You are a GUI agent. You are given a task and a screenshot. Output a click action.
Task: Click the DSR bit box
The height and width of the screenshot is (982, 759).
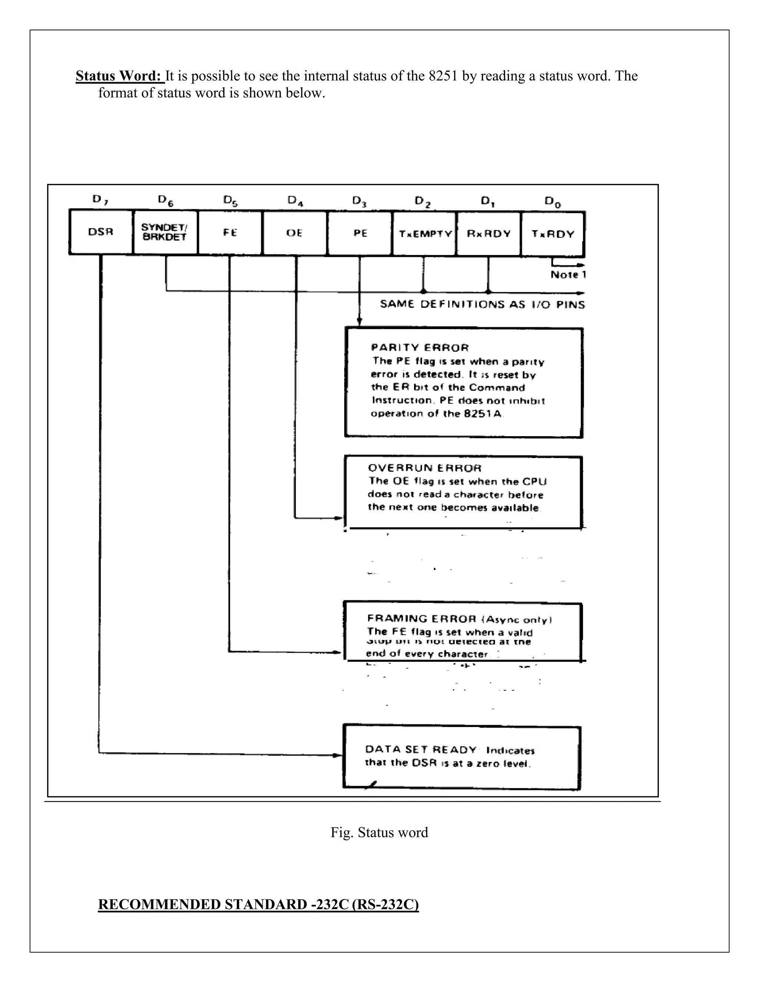tap(101, 232)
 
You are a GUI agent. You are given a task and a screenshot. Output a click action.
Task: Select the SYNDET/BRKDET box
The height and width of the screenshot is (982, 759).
tap(165, 232)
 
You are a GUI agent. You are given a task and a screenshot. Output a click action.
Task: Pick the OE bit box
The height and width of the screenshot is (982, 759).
tap(295, 233)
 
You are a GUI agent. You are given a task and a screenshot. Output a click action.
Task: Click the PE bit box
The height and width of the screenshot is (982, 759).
tap(360, 233)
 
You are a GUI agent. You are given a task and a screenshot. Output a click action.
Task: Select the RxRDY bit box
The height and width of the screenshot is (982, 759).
tap(489, 234)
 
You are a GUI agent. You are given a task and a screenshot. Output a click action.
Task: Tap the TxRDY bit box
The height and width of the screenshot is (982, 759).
tap(553, 234)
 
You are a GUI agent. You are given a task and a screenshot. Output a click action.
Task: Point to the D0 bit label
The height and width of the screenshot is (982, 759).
tap(553, 202)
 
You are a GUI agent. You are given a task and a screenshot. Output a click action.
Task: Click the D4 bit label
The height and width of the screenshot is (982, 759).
tap(295, 200)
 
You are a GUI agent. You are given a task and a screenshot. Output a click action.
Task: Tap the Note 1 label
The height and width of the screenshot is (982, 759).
tap(568, 275)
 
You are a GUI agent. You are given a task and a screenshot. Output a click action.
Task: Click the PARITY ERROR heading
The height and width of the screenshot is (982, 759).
tap(420, 348)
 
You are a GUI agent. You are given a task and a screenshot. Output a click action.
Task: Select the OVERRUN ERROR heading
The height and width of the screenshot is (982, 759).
tap(424, 468)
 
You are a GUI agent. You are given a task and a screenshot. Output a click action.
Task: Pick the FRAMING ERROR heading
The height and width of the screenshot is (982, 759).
tap(422, 619)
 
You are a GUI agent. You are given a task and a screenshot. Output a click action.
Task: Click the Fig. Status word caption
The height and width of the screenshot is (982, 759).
tap(379, 832)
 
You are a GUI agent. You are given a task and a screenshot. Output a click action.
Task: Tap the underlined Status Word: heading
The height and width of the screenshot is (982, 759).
tap(120, 76)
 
